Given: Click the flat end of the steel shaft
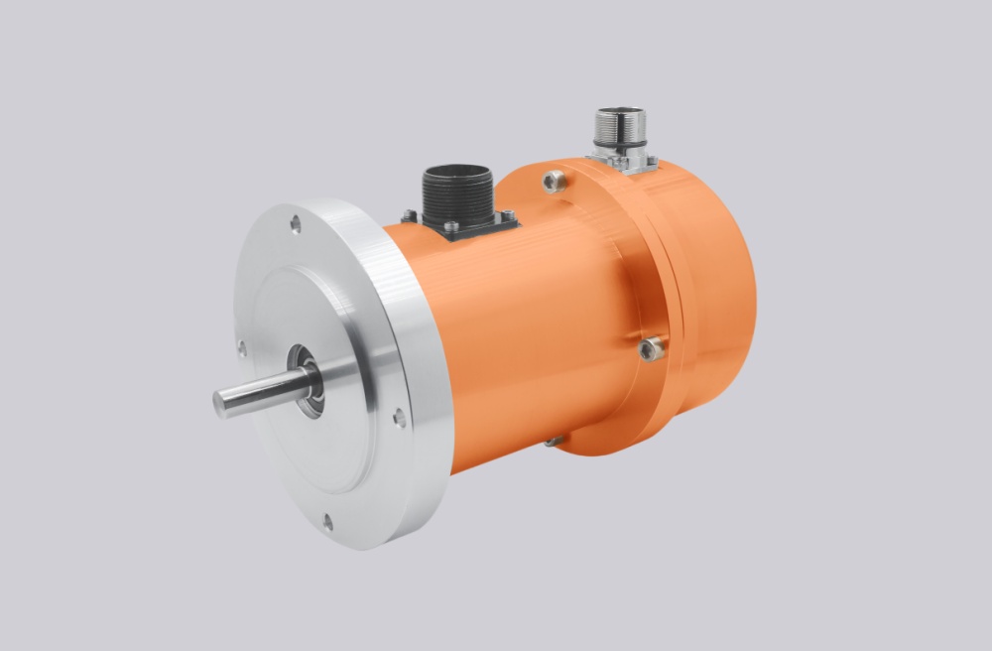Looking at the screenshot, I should pyautogui.click(x=220, y=402).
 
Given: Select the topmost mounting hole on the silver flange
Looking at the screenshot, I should pyautogui.click(x=295, y=224).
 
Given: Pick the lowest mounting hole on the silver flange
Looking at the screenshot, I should pyautogui.click(x=327, y=521).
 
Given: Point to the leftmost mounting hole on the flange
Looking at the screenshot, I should pyautogui.click(x=241, y=348).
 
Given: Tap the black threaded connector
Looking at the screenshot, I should pyautogui.click(x=456, y=194).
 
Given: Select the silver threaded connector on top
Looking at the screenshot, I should pyautogui.click(x=620, y=127).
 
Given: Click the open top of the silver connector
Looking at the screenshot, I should pyautogui.click(x=620, y=111).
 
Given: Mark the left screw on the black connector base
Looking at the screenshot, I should pyautogui.click(x=409, y=216).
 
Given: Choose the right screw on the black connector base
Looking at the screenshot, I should pyautogui.click(x=507, y=216).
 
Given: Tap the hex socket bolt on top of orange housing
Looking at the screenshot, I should pyautogui.click(x=554, y=182).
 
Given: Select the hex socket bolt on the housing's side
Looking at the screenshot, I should pyautogui.click(x=651, y=347).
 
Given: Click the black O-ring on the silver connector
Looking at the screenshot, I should pyautogui.click(x=620, y=146).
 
